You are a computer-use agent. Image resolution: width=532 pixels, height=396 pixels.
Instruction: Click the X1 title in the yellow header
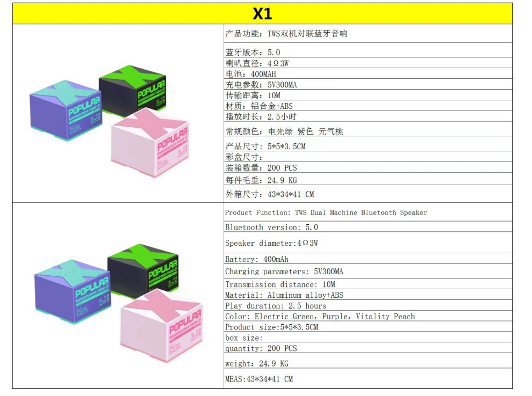262,13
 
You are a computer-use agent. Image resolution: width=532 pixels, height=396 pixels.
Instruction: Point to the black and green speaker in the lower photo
142,269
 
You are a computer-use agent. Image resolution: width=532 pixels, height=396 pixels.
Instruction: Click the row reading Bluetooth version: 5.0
271,228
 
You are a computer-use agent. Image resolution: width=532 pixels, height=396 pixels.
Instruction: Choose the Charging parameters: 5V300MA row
284,272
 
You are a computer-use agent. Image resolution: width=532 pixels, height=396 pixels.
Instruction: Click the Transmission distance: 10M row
280,284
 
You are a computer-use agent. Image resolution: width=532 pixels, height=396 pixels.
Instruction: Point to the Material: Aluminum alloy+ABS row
284,295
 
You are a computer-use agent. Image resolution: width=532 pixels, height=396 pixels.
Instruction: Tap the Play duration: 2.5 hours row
276,306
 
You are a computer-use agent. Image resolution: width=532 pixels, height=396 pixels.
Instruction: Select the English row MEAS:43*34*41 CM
259,379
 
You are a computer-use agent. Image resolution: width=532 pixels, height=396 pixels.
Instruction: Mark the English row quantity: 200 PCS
261,348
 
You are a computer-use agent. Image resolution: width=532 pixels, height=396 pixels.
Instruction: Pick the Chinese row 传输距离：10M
253,96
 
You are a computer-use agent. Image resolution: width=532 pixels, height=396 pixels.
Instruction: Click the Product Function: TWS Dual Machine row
326,212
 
